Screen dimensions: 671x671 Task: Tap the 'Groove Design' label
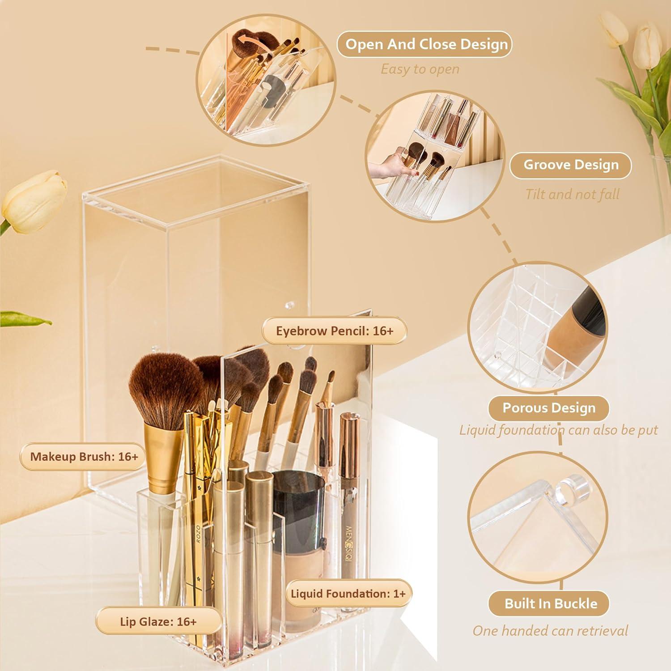coord(570,165)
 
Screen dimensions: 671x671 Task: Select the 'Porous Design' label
coord(548,408)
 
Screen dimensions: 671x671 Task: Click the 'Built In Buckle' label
coord(550,603)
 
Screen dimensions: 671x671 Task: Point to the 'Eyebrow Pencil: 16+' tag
coord(334,331)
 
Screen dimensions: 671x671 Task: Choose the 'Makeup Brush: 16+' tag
coord(84,457)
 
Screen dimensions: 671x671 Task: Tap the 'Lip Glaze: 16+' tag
coord(158,621)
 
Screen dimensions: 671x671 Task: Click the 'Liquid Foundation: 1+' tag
coord(348,594)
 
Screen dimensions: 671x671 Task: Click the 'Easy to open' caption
coord(420,69)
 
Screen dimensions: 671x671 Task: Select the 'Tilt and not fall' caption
coord(572,195)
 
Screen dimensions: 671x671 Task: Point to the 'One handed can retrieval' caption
coord(550,631)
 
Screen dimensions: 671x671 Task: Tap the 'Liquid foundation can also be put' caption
coord(558,430)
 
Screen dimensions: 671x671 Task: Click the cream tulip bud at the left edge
coord(34,201)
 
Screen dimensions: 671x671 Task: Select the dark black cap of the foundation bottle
coord(295,497)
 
